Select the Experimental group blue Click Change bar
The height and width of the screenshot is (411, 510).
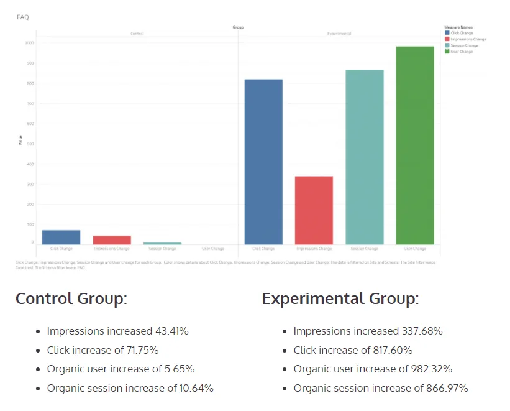[x=263, y=162]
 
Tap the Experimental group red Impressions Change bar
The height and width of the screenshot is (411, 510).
[x=314, y=210]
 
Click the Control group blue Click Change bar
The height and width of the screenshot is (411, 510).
[x=61, y=237]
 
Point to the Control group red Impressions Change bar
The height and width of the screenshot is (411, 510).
[x=112, y=240]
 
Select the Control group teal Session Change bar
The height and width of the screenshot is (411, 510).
[x=162, y=243]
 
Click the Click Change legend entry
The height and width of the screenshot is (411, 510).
[x=461, y=33]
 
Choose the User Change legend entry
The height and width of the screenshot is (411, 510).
[x=461, y=52]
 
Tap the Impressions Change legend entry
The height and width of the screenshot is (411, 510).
[x=465, y=39]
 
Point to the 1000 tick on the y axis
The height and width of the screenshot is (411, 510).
[x=30, y=43]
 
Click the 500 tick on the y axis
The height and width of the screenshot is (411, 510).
[x=30, y=144]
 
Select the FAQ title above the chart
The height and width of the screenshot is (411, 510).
[x=22, y=17]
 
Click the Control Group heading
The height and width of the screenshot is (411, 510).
[x=71, y=298]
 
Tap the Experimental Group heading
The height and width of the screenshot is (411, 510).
[x=340, y=298]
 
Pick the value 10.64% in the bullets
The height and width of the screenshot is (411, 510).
[x=195, y=388]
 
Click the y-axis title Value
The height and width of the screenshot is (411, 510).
[x=21, y=142]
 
